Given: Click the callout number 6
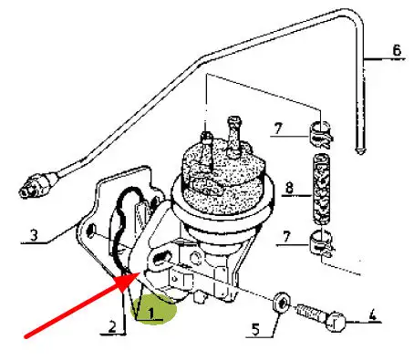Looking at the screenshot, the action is click(x=397, y=50).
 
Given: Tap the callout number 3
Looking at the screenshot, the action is click(x=34, y=235).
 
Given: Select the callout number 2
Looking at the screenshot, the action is click(x=112, y=327).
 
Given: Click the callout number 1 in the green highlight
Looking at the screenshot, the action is click(x=150, y=313).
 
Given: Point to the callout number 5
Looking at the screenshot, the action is click(x=256, y=329).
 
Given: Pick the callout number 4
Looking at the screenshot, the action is click(x=372, y=315).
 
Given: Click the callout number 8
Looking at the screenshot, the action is click(x=289, y=188).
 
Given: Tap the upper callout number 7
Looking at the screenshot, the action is click(x=278, y=129).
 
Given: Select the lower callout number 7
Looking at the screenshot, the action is click(x=286, y=237).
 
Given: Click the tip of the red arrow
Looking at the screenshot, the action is click(x=140, y=273).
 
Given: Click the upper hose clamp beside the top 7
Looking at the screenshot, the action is click(x=321, y=134).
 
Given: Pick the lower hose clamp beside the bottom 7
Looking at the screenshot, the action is click(x=321, y=243).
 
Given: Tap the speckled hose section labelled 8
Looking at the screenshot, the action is click(x=321, y=189).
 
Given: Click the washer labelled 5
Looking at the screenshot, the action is click(x=282, y=302).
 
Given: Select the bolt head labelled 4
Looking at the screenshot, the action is click(x=336, y=322).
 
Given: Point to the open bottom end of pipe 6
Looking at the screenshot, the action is click(x=360, y=151).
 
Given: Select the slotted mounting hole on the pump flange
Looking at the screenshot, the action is click(x=160, y=258).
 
